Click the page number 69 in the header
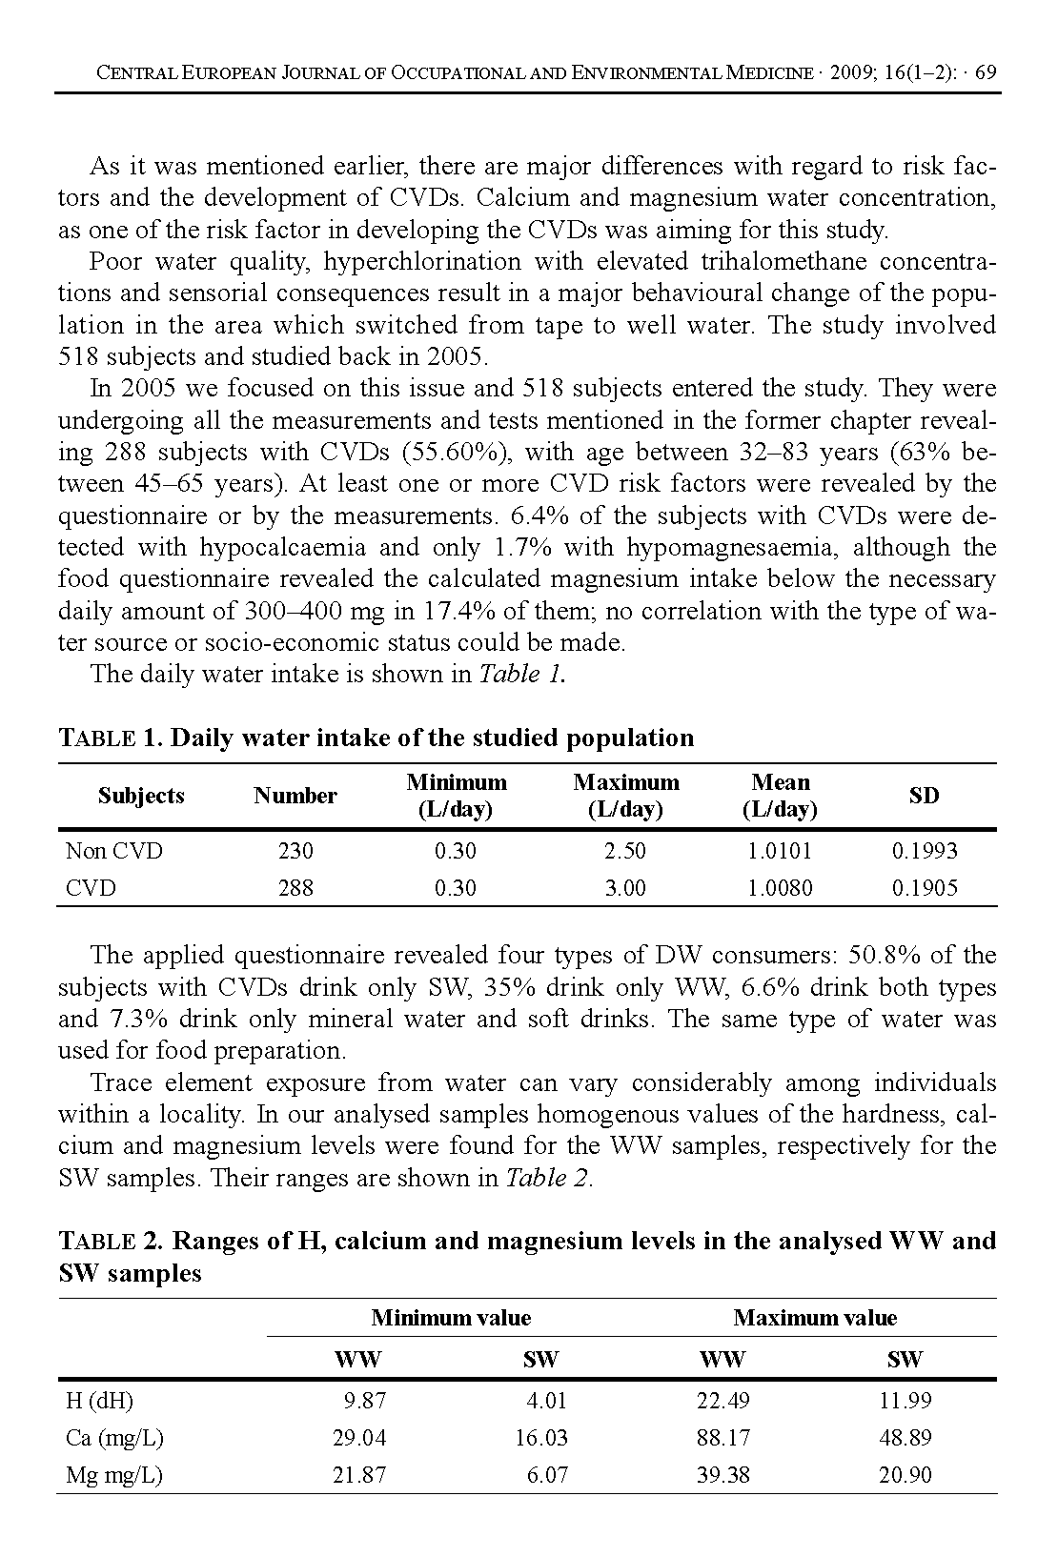coord(986,73)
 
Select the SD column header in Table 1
coord(924,796)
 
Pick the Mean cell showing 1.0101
coord(780,851)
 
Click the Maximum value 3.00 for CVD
coord(625,888)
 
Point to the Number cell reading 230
coord(295,851)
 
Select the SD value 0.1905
coord(925,888)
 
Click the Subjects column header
coord(141,796)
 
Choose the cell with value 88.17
coord(722,1438)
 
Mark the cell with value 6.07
coord(547,1475)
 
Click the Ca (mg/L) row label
coord(108,1438)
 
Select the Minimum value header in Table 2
coord(451,1318)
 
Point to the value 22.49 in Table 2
coord(722,1401)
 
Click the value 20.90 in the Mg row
coord(905,1475)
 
